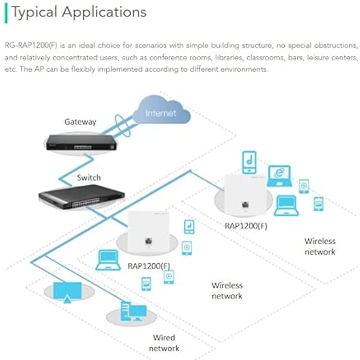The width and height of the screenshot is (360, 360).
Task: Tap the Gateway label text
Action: pos(80,121)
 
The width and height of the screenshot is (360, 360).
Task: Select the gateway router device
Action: pos(80,143)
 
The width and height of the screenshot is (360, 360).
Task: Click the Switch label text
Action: pos(89,177)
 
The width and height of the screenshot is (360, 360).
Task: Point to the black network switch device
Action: pos(82,197)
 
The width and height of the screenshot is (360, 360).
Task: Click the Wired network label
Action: pos(164,343)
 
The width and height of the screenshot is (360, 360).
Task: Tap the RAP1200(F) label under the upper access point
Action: pos(246,226)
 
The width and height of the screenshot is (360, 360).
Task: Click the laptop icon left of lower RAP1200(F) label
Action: pos(108,260)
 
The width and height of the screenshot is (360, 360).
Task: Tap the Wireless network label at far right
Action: pos(320,246)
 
